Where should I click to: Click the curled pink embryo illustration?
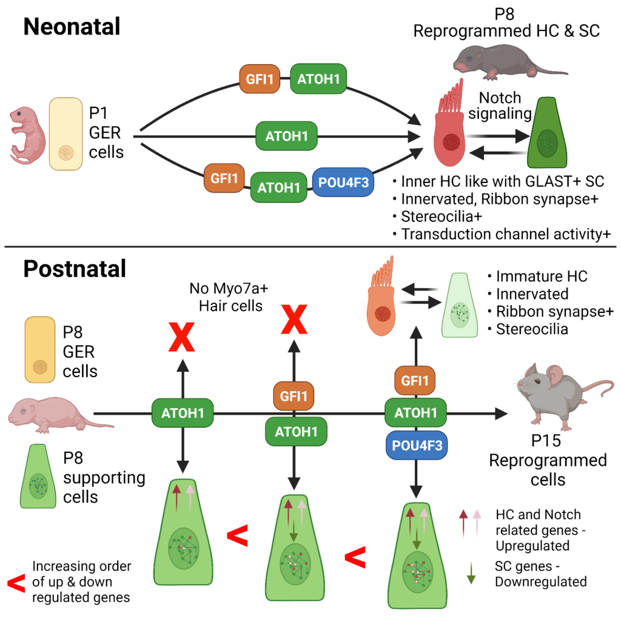(26, 136)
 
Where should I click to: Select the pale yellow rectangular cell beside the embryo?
(65, 134)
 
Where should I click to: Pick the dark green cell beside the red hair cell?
(548, 135)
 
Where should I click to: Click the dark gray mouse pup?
(503, 62)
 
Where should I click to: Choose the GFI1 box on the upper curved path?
(260, 79)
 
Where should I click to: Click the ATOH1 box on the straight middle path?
(286, 136)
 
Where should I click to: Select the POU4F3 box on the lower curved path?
(343, 183)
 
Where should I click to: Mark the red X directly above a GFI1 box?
(294, 321)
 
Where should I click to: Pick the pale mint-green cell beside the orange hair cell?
(461, 306)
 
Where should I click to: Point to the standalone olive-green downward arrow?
(471, 572)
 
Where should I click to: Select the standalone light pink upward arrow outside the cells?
(477, 523)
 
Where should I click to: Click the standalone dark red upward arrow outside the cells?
(464, 523)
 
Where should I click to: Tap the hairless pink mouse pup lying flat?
(55, 414)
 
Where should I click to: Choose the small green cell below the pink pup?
(38, 477)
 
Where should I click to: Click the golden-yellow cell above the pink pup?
(40, 350)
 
